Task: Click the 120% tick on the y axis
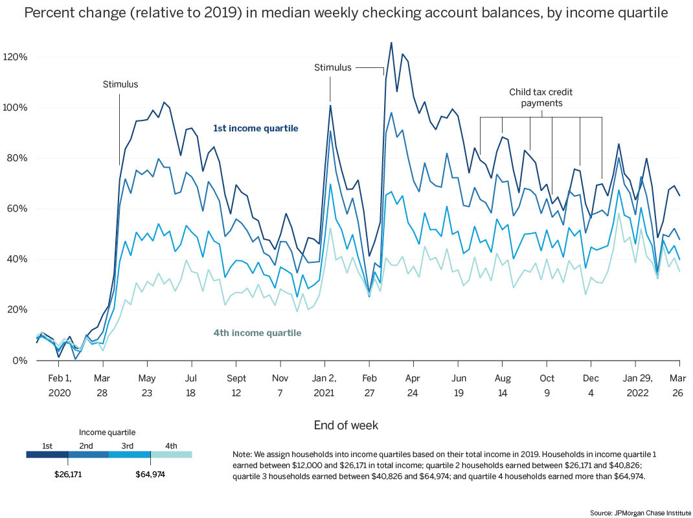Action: [15, 57]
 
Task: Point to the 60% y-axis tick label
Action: [15, 209]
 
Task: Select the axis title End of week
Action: [346, 425]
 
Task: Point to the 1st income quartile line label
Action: [255, 129]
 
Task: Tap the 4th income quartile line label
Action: [257, 333]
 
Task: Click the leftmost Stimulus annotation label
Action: [120, 84]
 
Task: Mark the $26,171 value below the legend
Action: [68, 475]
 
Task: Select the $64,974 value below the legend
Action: [150, 475]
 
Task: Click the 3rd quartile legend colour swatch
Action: [130, 455]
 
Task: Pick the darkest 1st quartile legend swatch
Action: [47, 455]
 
